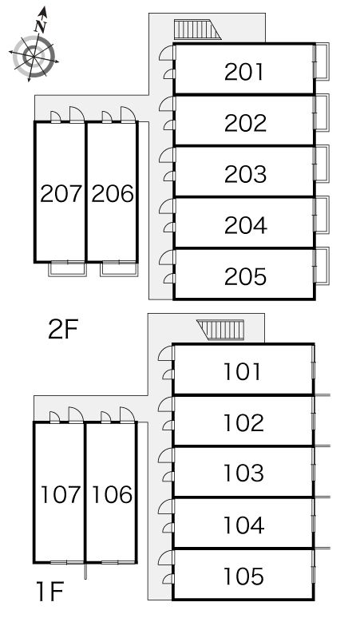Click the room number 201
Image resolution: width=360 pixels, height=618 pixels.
243,72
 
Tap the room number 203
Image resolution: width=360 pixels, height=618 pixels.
245,174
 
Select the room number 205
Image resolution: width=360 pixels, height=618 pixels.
245,276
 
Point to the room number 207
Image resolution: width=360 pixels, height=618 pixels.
61,193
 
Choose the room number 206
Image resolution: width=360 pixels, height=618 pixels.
113,193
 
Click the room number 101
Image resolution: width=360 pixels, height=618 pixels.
242,371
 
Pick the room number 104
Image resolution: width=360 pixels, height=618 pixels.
243,525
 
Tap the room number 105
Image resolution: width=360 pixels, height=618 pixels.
243,576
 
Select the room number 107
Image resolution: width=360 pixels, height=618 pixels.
61,494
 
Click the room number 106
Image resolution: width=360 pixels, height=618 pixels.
113,494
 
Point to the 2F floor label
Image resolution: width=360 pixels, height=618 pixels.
63,330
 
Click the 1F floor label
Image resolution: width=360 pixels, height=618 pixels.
50,592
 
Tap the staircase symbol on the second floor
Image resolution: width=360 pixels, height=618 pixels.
197,30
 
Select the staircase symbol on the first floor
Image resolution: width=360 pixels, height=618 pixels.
221,330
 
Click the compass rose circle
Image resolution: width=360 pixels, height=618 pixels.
34,56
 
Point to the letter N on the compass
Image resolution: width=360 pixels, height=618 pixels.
41,26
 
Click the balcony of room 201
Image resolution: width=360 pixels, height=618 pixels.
322,61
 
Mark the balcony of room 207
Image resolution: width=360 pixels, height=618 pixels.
67,269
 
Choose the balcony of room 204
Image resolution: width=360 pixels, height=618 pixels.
322,215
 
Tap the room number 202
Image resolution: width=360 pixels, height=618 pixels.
245,123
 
